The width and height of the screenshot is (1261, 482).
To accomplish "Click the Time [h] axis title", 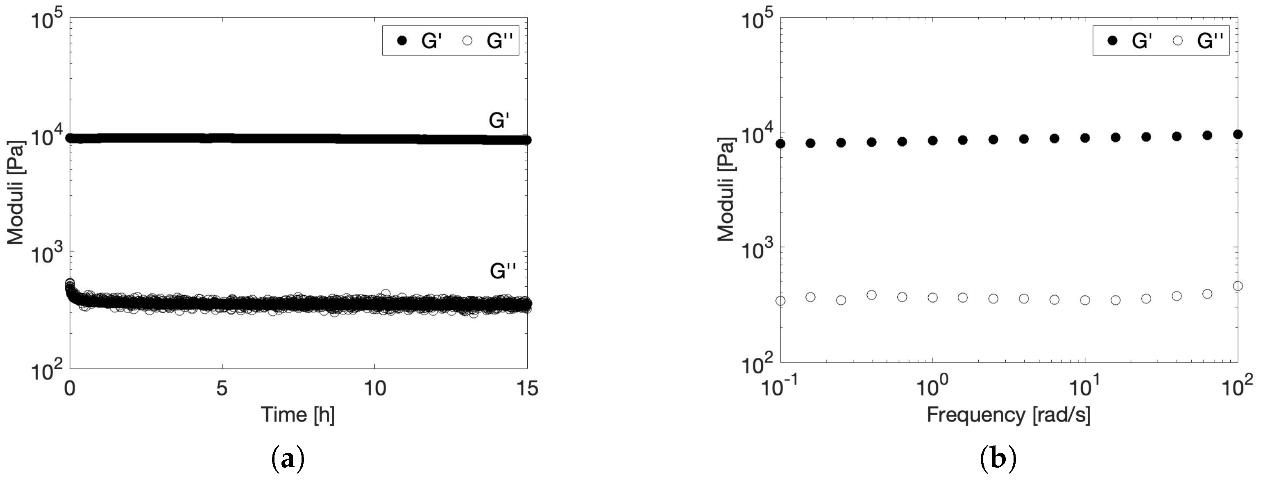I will (297, 415).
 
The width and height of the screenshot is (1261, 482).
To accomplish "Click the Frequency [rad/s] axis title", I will (1008, 415).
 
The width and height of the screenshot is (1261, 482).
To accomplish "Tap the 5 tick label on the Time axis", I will (222, 389).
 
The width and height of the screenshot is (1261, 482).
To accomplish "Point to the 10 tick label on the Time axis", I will (374, 389).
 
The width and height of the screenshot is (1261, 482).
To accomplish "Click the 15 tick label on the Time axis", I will (527, 389).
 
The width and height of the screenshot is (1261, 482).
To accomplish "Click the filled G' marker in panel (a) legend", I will (402, 41).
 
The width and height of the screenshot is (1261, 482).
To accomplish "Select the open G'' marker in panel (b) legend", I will (1178, 41).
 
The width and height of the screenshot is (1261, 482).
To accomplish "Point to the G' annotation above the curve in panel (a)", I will (499, 120).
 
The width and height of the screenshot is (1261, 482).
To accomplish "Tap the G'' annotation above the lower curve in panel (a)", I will (503, 271).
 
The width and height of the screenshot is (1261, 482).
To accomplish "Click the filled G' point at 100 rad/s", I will (1238, 134).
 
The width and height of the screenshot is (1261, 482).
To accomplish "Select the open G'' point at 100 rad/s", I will (1238, 286).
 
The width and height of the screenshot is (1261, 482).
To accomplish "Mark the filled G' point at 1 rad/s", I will (932, 140).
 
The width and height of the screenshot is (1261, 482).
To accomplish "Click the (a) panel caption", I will (288, 460).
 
